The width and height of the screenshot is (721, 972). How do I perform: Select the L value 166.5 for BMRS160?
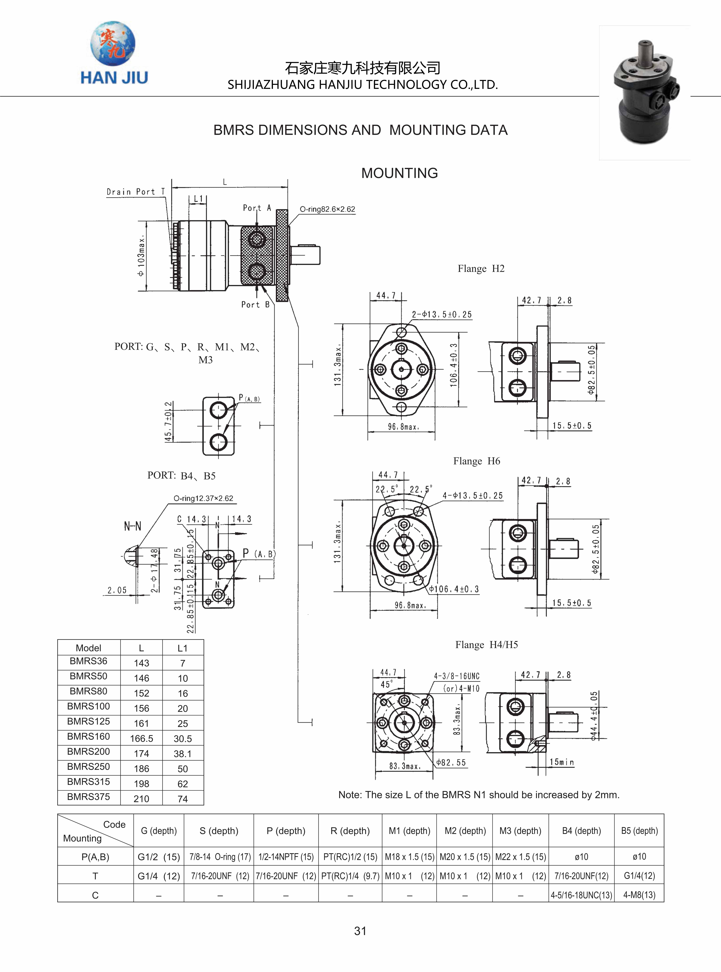coord(141,738)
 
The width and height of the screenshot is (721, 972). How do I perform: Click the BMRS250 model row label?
coord(89,766)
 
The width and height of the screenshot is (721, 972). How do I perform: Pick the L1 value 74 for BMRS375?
coord(182,799)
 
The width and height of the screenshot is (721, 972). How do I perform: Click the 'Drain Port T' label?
coord(136,192)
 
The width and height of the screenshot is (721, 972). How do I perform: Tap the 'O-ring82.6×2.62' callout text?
coord(327,209)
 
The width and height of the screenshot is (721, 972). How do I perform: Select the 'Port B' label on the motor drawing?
coord(255,304)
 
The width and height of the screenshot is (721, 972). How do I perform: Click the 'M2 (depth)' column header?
coord(465,830)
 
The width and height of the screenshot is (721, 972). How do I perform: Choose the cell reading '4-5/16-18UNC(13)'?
coord(581,895)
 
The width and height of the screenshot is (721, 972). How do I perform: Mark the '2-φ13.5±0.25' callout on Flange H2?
coord(442,314)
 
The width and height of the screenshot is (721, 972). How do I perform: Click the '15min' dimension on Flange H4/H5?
coord(562,762)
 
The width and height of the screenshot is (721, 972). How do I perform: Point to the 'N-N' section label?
coord(133,526)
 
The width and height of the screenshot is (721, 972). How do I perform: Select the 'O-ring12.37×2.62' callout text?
coord(203,498)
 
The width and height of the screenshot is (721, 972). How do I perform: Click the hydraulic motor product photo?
coord(645,93)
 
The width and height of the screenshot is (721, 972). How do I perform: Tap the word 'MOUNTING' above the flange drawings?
coord(399,173)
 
